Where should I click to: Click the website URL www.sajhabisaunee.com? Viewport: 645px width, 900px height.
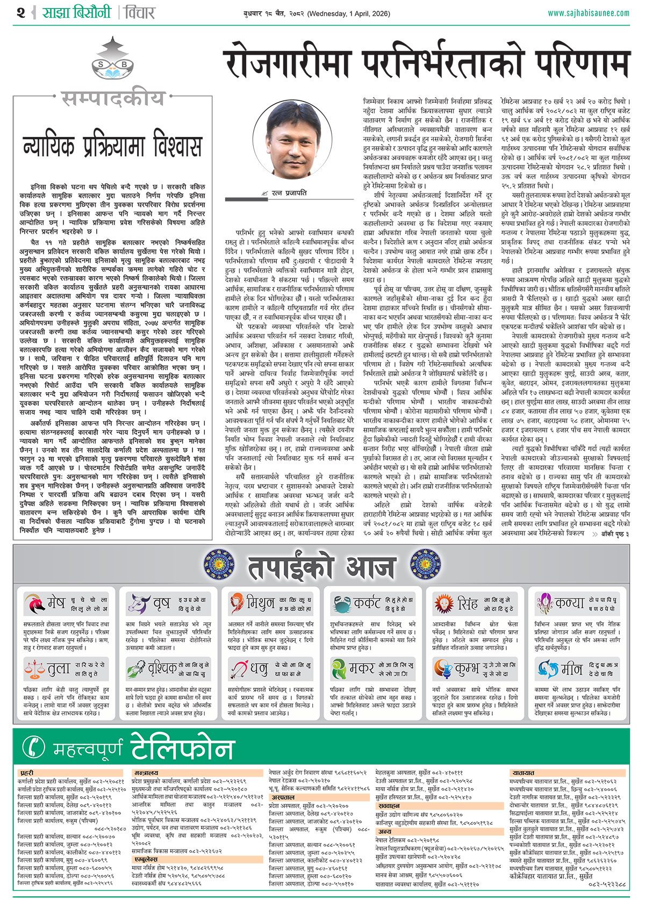click(x=588, y=12)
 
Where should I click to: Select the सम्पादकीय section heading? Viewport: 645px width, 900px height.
click(x=112, y=99)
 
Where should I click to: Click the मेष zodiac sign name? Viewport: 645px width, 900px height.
click(x=56, y=603)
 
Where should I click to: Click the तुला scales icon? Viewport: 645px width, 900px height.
click(x=34, y=669)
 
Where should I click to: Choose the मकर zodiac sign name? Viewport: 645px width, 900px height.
click(x=362, y=668)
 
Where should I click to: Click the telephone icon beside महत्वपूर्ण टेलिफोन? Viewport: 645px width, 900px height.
click(x=37, y=747)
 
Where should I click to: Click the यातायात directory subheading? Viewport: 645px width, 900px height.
click(x=523, y=773)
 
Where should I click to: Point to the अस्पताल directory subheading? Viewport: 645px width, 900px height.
click(x=282, y=798)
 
